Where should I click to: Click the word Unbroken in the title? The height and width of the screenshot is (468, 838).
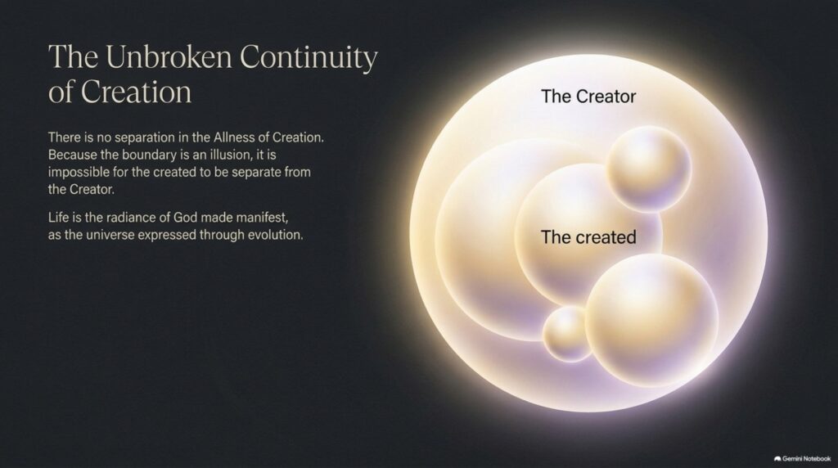169,56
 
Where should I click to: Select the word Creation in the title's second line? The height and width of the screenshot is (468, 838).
137,92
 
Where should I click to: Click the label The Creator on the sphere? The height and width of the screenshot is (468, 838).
588,97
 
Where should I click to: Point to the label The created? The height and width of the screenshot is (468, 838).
588,236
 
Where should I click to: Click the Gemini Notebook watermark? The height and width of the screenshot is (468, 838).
802,458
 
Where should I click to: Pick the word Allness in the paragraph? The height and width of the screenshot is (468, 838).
234,137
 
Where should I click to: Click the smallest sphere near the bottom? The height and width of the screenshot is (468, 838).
568,333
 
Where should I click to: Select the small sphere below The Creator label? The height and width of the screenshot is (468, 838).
649,169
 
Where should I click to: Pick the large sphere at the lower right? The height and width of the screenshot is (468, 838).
651,320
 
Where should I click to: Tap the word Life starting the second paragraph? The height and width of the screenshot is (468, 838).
58,218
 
